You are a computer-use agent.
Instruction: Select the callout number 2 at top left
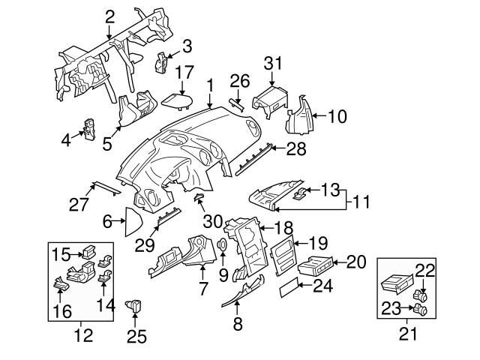coord(109,14)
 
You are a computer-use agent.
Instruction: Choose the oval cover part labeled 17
coord(177,100)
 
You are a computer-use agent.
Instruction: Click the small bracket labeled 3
coord(160,61)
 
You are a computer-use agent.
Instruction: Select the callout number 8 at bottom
coord(237,325)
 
